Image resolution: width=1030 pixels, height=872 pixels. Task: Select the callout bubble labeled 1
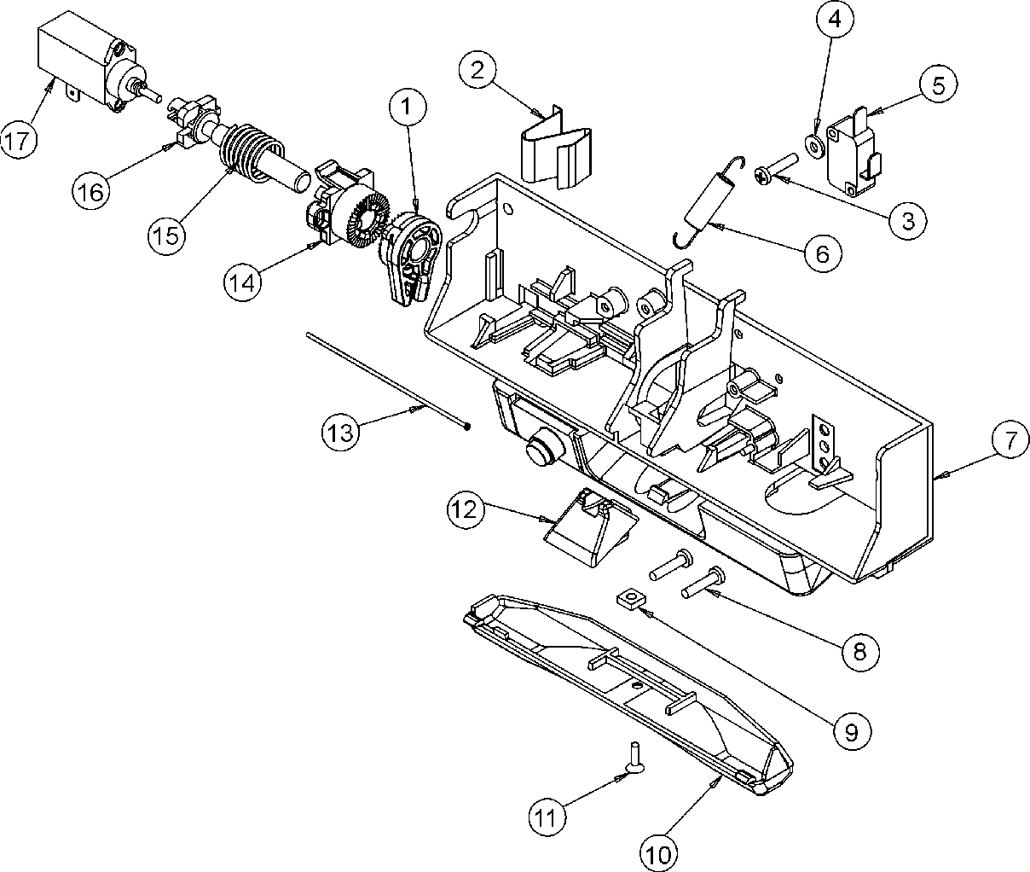pyautogui.click(x=407, y=108)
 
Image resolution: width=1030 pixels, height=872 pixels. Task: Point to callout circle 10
pyautogui.click(x=663, y=851)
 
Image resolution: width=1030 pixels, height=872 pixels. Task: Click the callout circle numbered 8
pyautogui.click(x=859, y=652)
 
